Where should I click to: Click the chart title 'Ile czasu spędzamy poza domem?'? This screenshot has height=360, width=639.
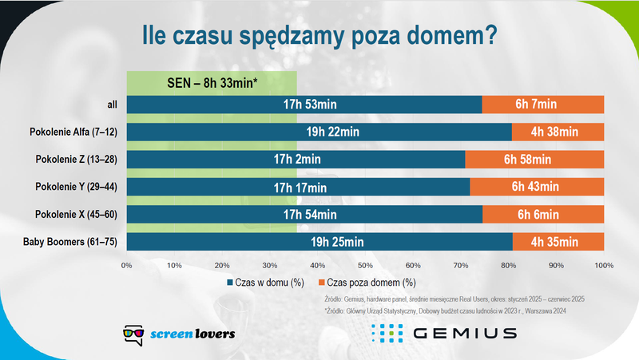coord(319,36)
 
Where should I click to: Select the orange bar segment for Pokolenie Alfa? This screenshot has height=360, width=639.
coord(558,132)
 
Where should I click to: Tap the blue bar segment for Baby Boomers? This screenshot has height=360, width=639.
coord(319,242)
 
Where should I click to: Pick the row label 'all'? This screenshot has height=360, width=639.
coord(111,105)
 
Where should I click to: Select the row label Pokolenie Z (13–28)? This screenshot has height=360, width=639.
coord(77,160)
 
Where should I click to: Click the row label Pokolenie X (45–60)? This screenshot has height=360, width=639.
coord(77,215)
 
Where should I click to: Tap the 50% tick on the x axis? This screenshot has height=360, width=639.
coord(365,264)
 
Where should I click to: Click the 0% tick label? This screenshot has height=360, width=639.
coord(126,264)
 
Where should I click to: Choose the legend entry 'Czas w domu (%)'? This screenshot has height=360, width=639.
coord(268,282)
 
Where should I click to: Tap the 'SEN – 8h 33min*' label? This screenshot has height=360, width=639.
coord(212,81)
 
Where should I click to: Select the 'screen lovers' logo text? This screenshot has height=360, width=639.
coord(192,333)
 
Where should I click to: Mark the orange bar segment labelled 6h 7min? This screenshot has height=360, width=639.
coord(542,105)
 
